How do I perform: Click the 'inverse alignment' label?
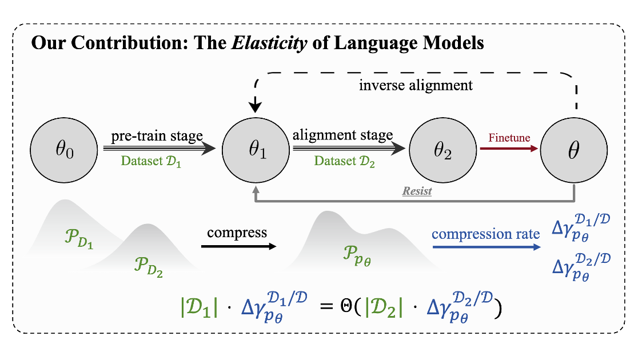(416, 86)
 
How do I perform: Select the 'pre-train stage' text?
(157, 136)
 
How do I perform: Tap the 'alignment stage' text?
(342, 135)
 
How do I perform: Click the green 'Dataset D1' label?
(151, 161)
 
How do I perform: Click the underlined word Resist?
(417, 191)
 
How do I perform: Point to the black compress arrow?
(238, 246)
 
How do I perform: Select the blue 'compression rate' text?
(485, 234)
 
